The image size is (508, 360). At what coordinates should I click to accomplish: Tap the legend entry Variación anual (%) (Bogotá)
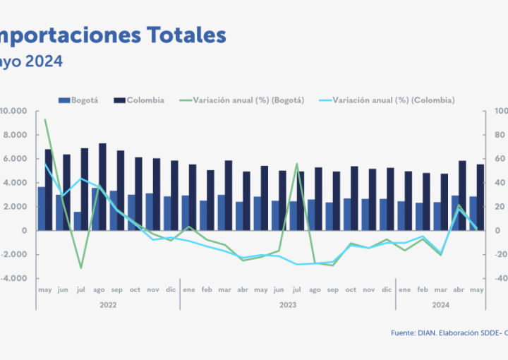(241, 100)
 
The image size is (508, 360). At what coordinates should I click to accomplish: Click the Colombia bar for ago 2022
(102, 187)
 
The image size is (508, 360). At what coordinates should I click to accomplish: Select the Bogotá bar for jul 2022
(78, 221)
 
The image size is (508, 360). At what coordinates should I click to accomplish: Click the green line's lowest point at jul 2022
(81, 268)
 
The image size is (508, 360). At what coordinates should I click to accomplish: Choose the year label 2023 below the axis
(287, 305)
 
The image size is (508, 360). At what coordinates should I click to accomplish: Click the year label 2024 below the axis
(441, 305)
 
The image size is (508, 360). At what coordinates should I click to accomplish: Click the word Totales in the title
(186, 35)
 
